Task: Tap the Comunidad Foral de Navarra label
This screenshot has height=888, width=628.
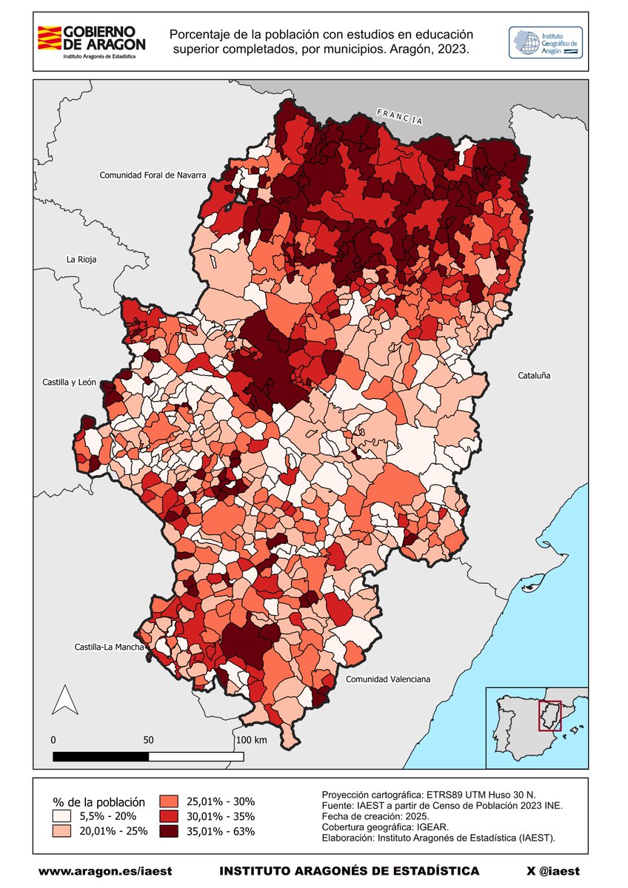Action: pos(153,175)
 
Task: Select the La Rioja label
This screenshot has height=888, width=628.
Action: pos(81,260)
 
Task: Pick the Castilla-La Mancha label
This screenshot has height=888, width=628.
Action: pos(108,647)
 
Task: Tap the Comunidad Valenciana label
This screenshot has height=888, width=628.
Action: pos(388,679)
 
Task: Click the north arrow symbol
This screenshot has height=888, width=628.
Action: pos(64,700)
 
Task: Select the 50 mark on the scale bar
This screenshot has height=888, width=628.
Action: pos(148,740)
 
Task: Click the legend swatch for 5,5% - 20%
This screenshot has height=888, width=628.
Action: pos(62,816)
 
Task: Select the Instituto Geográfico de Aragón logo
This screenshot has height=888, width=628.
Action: pos(545,44)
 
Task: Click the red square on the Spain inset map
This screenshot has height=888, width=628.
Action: pos(549,716)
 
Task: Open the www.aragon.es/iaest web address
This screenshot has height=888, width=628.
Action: pos(104,871)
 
